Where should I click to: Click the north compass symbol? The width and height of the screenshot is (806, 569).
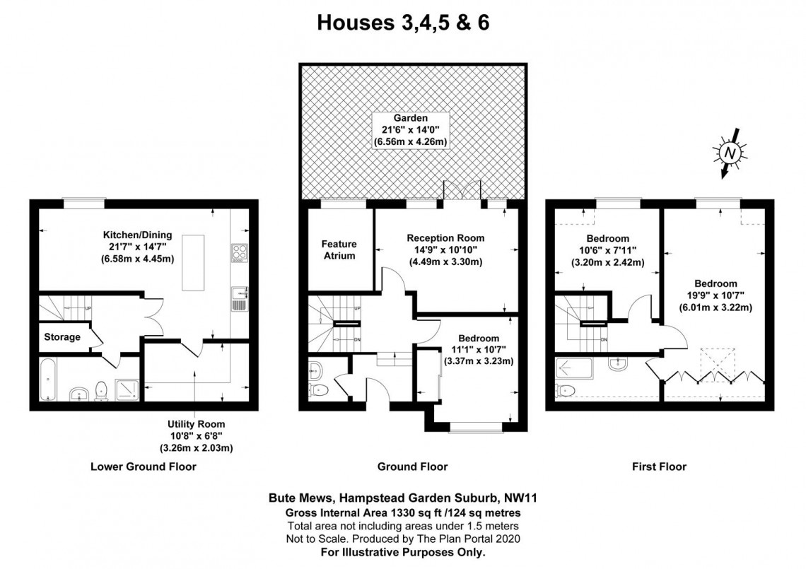pyautogui.click(x=730, y=153)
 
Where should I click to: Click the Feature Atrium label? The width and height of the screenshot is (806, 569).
pyautogui.click(x=340, y=250)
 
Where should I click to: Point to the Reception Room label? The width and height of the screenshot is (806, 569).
pyautogui.click(x=445, y=238)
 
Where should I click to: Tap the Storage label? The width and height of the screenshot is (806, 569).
pyautogui.click(x=62, y=337)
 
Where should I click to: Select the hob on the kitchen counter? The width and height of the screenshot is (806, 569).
pyautogui.click(x=238, y=253)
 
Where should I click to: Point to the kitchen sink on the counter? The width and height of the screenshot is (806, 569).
pyautogui.click(x=238, y=298)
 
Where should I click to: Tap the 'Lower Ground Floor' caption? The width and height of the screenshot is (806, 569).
pyautogui.click(x=144, y=467)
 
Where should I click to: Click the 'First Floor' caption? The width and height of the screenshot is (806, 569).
pyautogui.click(x=659, y=467)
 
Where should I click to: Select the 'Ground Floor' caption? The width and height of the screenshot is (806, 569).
pyautogui.click(x=412, y=467)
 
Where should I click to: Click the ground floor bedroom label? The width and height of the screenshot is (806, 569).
pyautogui.click(x=478, y=338)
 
